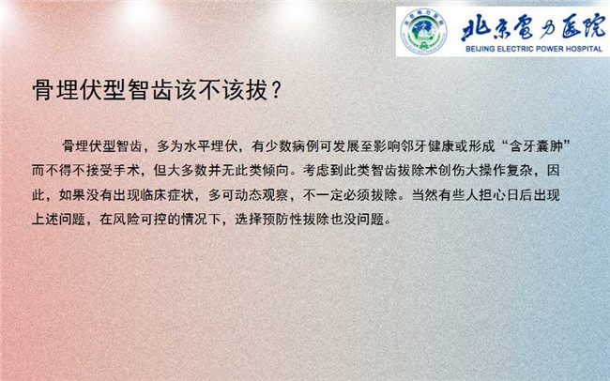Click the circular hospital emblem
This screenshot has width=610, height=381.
point(423,31)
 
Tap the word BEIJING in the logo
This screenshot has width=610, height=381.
point(480,49)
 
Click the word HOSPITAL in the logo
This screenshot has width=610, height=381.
point(583,49)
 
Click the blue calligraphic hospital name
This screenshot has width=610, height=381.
point(533,28)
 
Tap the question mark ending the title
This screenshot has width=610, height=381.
point(276,90)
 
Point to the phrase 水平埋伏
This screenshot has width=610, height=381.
point(211,146)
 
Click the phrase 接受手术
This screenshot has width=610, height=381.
point(113,171)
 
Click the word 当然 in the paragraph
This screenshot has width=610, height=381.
point(425,194)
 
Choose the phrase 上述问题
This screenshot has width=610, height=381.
point(58,219)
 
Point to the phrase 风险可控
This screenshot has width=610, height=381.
point(139,219)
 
